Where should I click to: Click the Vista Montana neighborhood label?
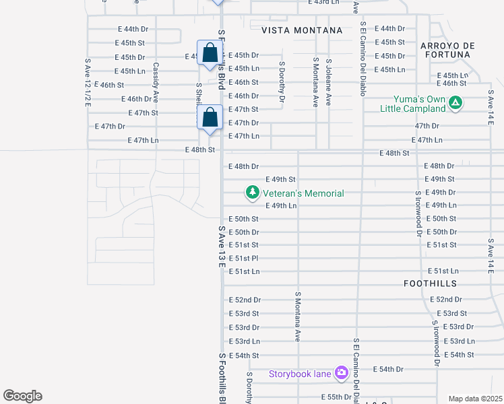click(x=302, y=30)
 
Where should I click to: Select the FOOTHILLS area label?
click(x=431, y=283)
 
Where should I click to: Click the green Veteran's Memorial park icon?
click(x=252, y=193)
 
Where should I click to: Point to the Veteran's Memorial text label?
click(x=303, y=193)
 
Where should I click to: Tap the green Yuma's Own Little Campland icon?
click(x=456, y=103)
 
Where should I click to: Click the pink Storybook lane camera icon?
click(x=341, y=372)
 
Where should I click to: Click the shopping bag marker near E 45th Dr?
click(x=210, y=54)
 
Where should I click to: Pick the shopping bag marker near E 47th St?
click(x=210, y=118)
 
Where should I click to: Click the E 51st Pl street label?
click(x=244, y=259)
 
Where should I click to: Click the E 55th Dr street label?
click(x=337, y=397)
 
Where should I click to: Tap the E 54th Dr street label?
click(x=387, y=369)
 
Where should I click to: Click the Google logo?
click(x=22, y=396)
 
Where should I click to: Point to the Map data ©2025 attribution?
click(x=474, y=399)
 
